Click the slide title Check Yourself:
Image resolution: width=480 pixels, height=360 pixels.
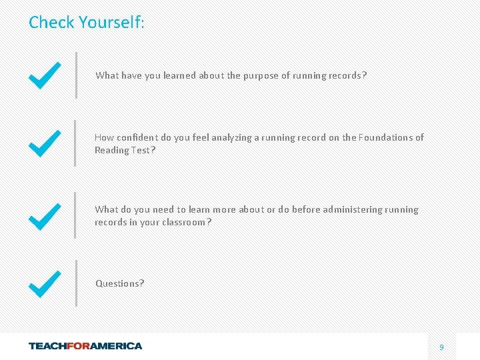[x=86, y=23]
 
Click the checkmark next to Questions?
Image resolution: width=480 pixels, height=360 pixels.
[x=45, y=283]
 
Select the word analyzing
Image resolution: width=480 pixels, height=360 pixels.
[x=232, y=137]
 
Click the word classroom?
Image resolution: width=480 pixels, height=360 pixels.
[x=186, y=222]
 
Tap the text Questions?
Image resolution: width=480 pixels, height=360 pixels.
[x=120, y=283]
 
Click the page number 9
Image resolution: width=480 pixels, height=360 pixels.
[x=441, y=347]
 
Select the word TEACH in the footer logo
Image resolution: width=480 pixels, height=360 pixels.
[x=49, y=346]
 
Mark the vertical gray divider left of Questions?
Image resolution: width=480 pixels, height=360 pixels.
[x=76, y=283]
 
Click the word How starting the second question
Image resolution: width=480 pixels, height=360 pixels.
[x=104, y=137]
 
